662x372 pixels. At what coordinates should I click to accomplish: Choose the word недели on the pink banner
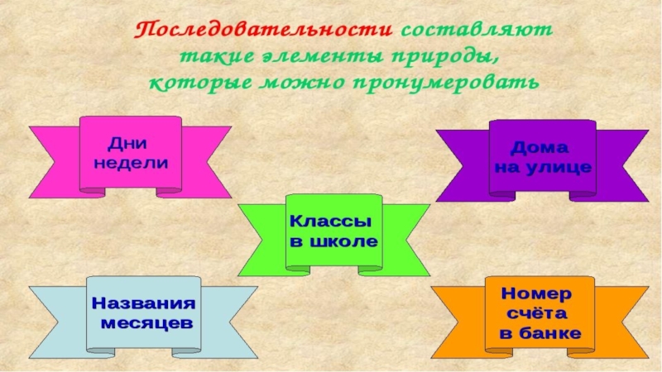click(131, 162)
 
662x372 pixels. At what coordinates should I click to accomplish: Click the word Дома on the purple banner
click(540, 148)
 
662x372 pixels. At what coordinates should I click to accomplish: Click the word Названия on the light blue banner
click(145, 302)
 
